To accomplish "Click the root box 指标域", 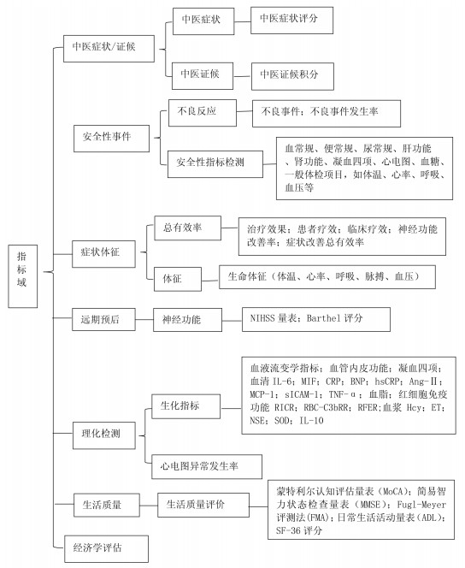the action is pyautogui.click(x=23, y=276).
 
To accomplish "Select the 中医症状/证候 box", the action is pyautogui.click(x=109, y=49).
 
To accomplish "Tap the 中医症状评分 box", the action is pyautogui.click(x=291, y=21).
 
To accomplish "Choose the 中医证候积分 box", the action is pyautogui.click(x=292, y=76).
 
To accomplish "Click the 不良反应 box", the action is pyautogui.click(x=203, y=113).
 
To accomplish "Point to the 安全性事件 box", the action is pyautogui.click(x=111, y=139).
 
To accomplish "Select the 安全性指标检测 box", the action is pyautogui.click(x=215, y=164).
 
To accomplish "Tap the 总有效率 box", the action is pyautogui.click(x=187, y=228).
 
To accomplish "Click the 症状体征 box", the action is pyautogui.click(x=104, y=254).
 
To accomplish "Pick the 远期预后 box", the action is pyautogui.click(x=104, y=320).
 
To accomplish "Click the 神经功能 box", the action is pyautogui.click(x=187, y=320).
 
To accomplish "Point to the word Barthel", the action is pyautogui.click(x=323, y=318).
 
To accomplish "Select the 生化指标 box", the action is pyautogui.click(x=186, y=407).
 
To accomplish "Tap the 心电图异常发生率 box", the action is pyautogui.click(x=207, y=466).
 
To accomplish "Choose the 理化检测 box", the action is pyautogui.click(x=104, y=435).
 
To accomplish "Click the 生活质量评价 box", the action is pyautogui.click(x=203, y=505).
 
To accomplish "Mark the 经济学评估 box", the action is pyautogui.click(x=106, y=549).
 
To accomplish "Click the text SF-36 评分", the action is pyautogui.click(x=299, y=531).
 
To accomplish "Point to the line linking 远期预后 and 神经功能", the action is pyautogui.click(x=144, y=320).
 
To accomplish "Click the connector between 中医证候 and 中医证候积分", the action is pyautogui.click(x=242, y=76).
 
